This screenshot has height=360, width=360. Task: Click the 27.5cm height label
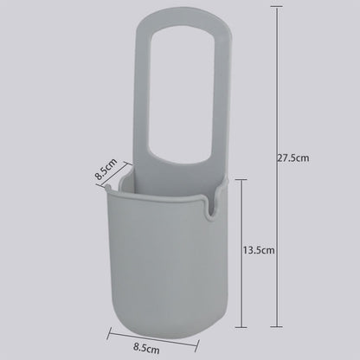pyautogui.click(x=293, y=158)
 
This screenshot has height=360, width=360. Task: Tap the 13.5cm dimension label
pyautogui.click(x=259, y=250)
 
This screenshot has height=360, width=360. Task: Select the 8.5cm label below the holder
pyautogui.click(x=146, y=348)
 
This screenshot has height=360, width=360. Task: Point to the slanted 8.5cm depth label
pyautogui.click(x=106, y=169)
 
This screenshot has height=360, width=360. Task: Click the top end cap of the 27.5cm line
pyautogui.click(x=276, y=8)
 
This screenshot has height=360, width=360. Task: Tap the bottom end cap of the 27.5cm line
pyautogui.click(x=276, y=326)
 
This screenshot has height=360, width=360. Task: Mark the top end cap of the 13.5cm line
pyautogui.click(x=241, y=179)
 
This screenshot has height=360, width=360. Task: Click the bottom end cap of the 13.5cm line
pyautogui.click(x=241, y=327)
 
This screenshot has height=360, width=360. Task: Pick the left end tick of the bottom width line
pyautogui.click(x=109, y=333)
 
